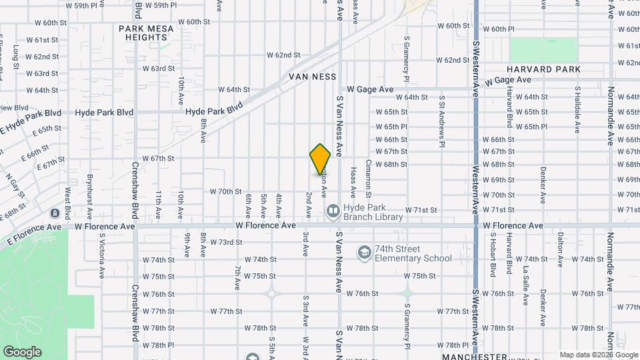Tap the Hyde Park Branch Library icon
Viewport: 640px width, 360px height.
tap(332, 211)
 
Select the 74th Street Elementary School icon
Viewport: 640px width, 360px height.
tap(364, 253)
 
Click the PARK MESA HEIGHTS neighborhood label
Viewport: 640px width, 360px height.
tap(146, 33)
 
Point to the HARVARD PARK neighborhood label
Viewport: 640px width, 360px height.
tap(543, 69)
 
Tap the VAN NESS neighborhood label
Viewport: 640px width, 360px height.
tap(313, 77)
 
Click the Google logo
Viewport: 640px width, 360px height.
tap(22, 352)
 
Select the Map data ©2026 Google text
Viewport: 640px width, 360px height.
tap(597, 355)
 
